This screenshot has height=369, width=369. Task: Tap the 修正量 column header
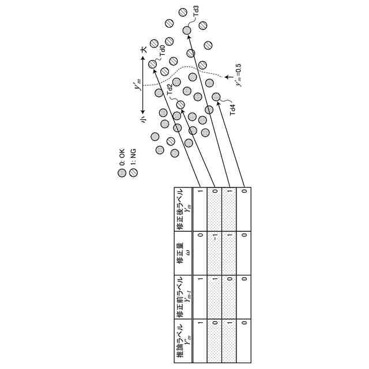183,254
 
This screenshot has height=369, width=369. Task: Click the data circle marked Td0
152,64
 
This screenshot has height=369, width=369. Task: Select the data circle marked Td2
180,105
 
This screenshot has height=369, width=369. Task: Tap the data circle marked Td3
187,30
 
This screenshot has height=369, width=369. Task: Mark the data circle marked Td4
216,97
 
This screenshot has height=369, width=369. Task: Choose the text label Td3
197,11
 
